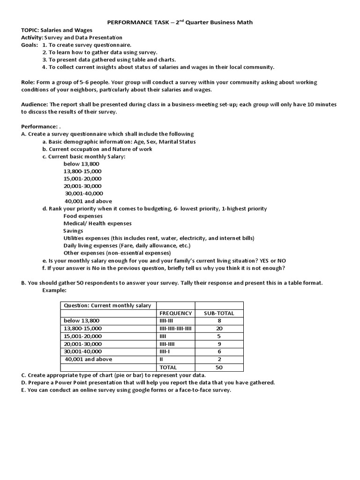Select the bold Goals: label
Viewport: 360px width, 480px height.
tap(30, 45)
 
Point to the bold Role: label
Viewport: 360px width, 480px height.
tap(29, 82)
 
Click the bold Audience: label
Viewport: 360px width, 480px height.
tap(35, 105)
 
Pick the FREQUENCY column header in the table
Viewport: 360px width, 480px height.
tap(175, 313)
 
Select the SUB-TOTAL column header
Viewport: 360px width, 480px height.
tap(219, 313)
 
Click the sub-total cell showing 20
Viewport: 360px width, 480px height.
tap(219, 329)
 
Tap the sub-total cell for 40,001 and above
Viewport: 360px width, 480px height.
tap(219, 359)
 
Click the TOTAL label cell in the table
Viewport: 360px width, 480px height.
tap(169, 367)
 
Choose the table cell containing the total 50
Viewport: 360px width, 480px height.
tap(219, 367)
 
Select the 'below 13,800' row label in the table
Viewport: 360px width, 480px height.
tap(81, 321)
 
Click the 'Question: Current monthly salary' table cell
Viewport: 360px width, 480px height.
tap(107, 306)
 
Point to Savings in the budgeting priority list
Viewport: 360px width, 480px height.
tap(73, 231)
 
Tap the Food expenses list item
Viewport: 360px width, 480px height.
tap(83, 216)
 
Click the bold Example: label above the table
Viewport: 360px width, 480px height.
tap(55, 291)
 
